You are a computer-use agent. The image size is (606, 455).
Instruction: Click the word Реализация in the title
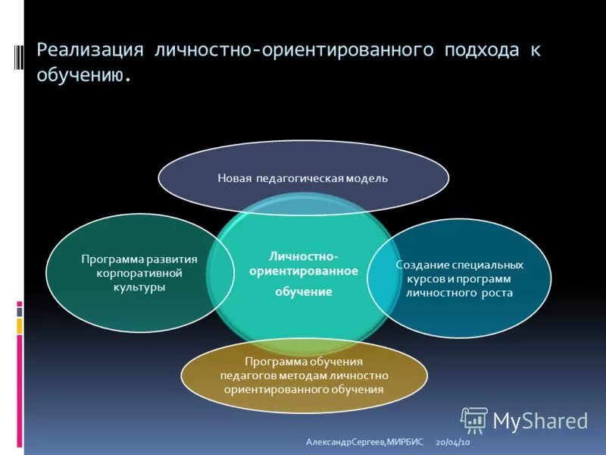(90, 51)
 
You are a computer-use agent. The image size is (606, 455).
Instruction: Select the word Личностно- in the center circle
(303, 256)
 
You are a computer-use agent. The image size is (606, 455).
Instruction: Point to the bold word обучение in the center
(303, 291)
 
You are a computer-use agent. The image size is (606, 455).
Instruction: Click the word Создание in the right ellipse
(423, 265)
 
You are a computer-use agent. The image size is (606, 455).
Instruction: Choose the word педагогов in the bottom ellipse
(248, 375)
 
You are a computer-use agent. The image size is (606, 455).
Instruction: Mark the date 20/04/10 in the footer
(453, 441)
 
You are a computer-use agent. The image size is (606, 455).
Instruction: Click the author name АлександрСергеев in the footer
(345, 441)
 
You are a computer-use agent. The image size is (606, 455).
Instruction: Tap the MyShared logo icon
(474, 420)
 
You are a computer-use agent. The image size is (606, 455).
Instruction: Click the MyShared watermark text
(540, 421)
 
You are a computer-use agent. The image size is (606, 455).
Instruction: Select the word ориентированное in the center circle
(303, 271)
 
